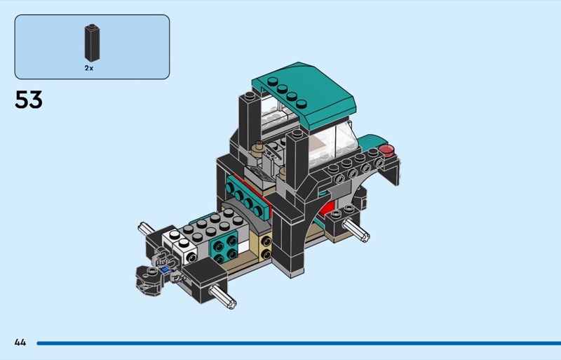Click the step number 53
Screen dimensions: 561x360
pyautogui.click(x=29, y=100)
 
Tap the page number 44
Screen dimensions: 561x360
pyautogui.click(x=20, y=342)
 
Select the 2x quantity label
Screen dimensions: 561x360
pyautogui.click(x=89, y=68)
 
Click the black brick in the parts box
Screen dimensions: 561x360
pyautogui.click(x=92, y=43)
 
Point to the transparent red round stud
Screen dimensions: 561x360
pyautogui.click(x=387, y=149)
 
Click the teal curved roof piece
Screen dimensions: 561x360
pyautogui.click(x=304, y=94)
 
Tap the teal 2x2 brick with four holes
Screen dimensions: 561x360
pyautogui.click(x=224, y=248)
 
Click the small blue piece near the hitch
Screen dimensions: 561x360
pyautogui.click(x=165, y=269)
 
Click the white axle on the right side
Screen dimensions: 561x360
pyautogui.click(x=356, y=230)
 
